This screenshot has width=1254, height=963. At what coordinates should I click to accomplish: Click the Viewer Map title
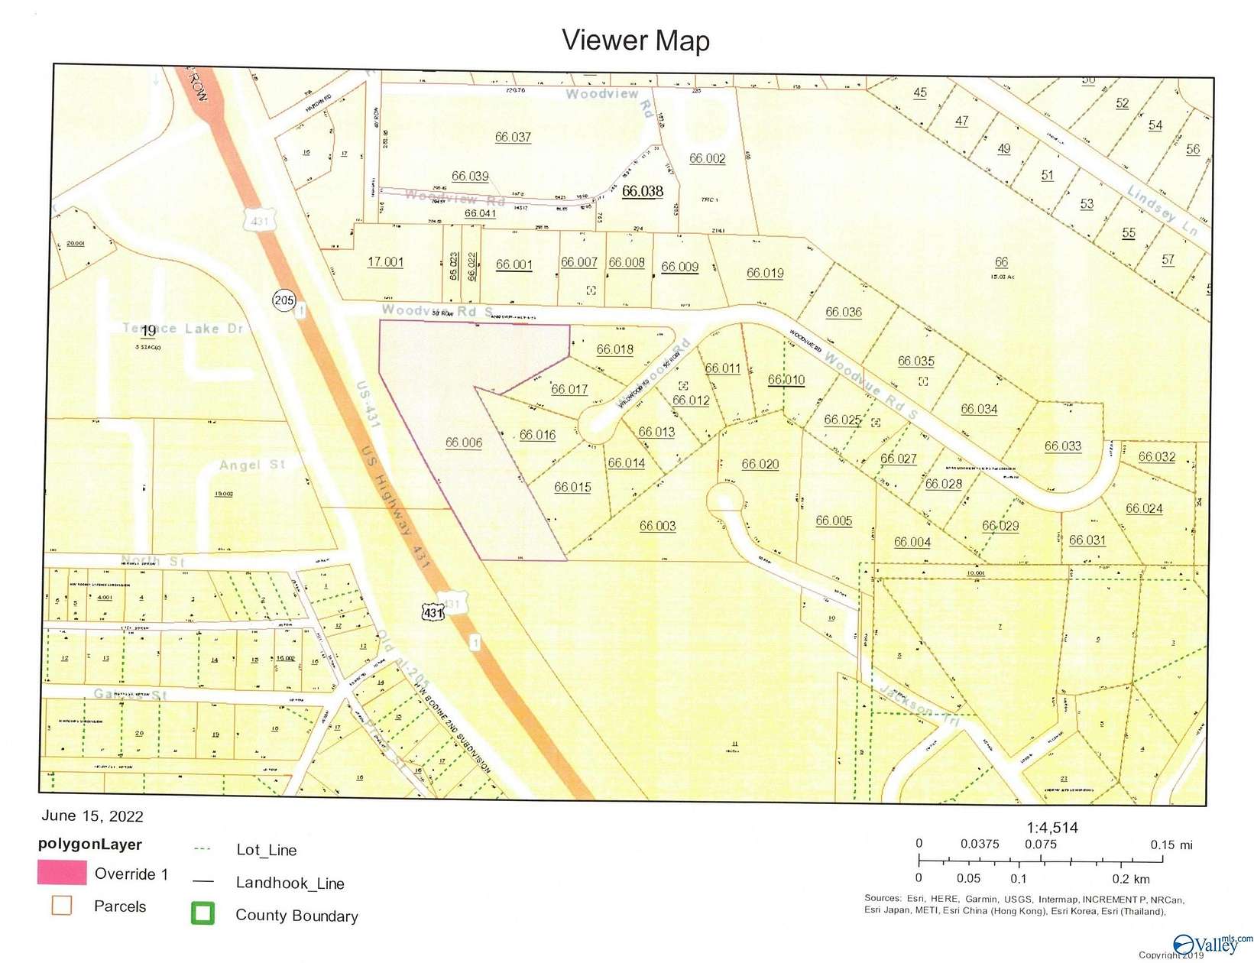636,41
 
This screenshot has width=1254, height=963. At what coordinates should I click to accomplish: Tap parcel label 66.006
464,443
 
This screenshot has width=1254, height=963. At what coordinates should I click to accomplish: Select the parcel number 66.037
513,137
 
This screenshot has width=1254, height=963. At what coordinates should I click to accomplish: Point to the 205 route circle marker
284,300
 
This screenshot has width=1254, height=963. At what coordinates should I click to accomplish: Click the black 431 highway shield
433,612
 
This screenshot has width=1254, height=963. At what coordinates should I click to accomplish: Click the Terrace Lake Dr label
183,329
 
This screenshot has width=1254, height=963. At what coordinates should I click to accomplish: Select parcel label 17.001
385,261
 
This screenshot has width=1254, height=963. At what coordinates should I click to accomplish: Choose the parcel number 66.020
760,464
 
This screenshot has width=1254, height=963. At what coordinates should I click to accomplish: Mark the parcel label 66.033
1063,446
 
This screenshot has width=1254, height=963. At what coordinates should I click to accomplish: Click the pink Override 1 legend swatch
62,873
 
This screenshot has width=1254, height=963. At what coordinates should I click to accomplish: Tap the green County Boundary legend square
203,914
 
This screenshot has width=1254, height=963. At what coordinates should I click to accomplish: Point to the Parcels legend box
61,906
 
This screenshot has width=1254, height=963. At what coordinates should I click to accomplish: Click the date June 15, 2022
92,816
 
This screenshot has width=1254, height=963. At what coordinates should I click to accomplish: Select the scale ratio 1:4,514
1052,828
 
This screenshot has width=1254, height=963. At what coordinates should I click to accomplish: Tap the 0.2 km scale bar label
1132,879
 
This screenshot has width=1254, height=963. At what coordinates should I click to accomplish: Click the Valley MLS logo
1210,944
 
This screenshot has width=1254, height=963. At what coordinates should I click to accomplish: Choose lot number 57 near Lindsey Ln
1168,260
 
